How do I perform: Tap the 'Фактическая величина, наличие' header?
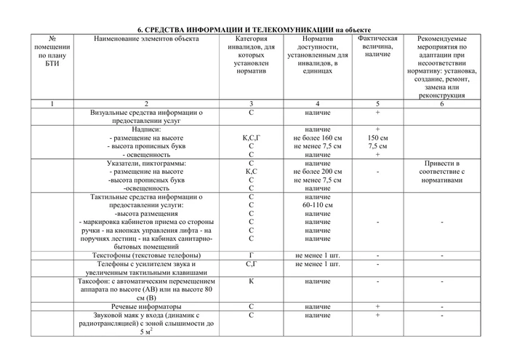click(x=377, y=46)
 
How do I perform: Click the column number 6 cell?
click(x=442, y=104)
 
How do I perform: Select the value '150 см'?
click(x=377, y=137)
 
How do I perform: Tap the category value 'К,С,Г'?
click(x=251, y=137)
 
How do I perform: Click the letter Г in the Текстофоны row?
click(x=251, y=256)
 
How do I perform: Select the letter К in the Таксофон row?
click(x=251, y=281)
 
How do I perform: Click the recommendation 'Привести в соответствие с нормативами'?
click(x=442, y=171)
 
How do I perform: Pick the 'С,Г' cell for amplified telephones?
click(x=251, y=265)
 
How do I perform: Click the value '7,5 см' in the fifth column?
click(x=377, y=145)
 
